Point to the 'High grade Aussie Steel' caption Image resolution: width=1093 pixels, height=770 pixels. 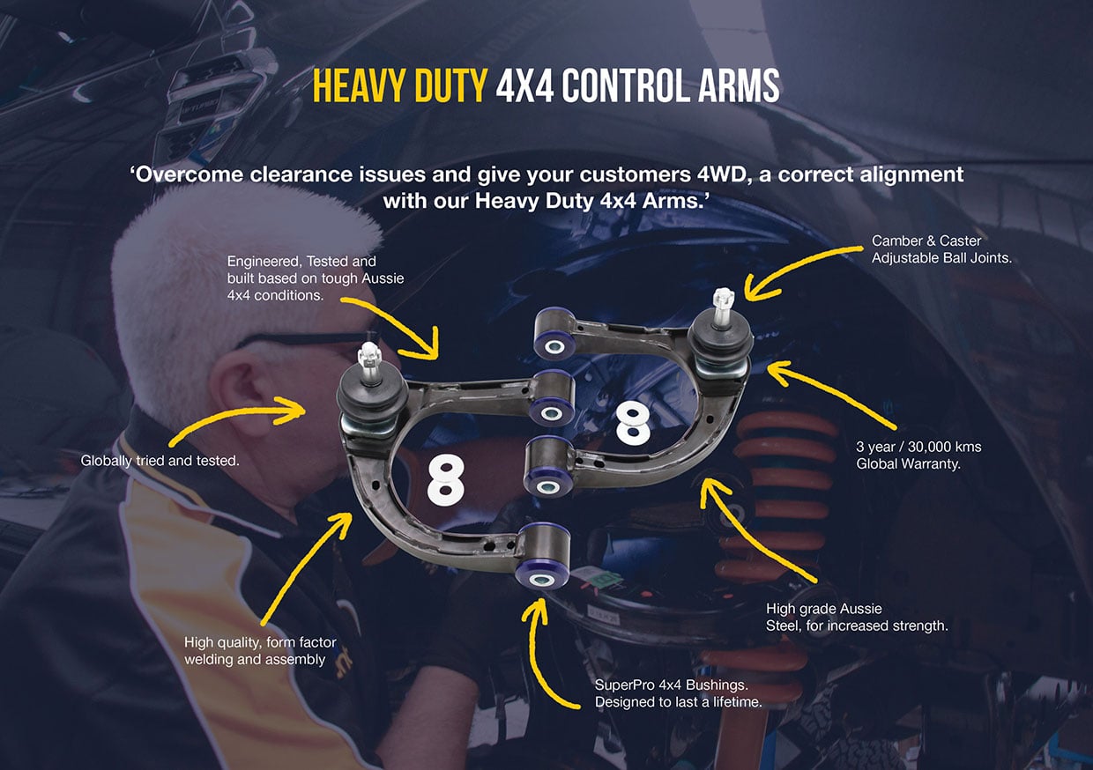857,618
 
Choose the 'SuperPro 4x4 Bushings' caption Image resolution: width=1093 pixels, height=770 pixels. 677,693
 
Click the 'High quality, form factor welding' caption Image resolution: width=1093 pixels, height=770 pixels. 260,651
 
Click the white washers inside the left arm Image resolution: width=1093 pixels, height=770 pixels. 445,479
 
